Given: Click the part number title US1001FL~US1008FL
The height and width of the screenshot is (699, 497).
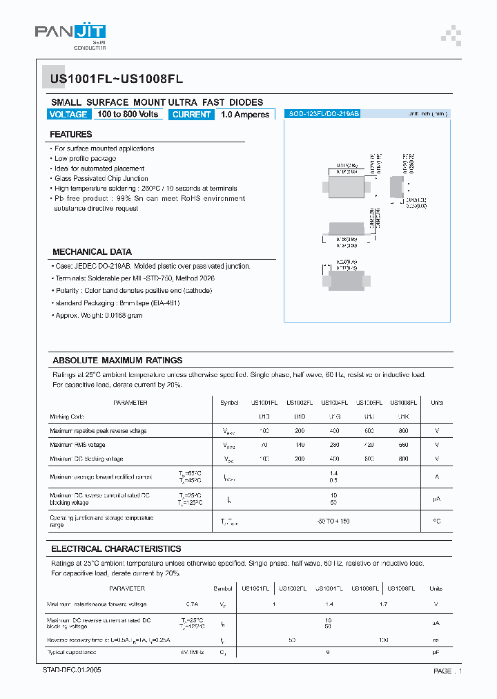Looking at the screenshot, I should click(x=116, y=79).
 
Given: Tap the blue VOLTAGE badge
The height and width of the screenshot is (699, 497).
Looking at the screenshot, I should click(x=68, y=115).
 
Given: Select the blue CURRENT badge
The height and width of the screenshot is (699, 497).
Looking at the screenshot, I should click(x=191, y=115).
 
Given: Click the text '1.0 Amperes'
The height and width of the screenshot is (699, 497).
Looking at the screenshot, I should click(x=245, y=115).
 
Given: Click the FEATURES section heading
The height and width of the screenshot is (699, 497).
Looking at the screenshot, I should click(x=70, y=135).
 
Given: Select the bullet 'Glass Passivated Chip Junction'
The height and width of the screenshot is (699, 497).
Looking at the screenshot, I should click(x=101, y=178).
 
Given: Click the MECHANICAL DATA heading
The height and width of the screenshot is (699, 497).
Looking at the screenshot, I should click(x=92, y=252).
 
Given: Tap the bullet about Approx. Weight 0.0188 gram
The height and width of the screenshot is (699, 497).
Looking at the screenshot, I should click(x=98, y=315).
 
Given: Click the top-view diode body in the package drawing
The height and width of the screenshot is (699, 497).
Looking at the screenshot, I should click(x=347, y=186).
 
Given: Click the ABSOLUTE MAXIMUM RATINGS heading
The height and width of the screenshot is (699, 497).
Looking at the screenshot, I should click(x=117, y=361).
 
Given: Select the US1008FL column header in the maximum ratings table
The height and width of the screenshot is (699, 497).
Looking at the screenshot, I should click(x=403, y=403).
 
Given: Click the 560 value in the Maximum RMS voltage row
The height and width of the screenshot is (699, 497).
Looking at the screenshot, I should click(x=403, y=446).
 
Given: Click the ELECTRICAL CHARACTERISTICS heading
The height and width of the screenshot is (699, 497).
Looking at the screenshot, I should click(x=116, y=549).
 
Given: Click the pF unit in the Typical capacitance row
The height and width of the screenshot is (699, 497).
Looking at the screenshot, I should click(x=436, y=652).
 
